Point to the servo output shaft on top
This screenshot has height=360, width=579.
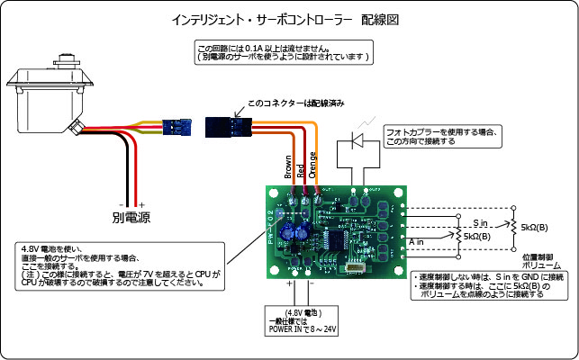click(x=65, y=63)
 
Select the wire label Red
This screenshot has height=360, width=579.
click(x=300, y=171)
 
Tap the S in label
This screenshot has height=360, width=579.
click(x=480, y=221)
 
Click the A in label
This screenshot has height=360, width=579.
click(x=417, y=240)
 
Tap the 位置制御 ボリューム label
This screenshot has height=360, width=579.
click(x=540, y=260)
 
